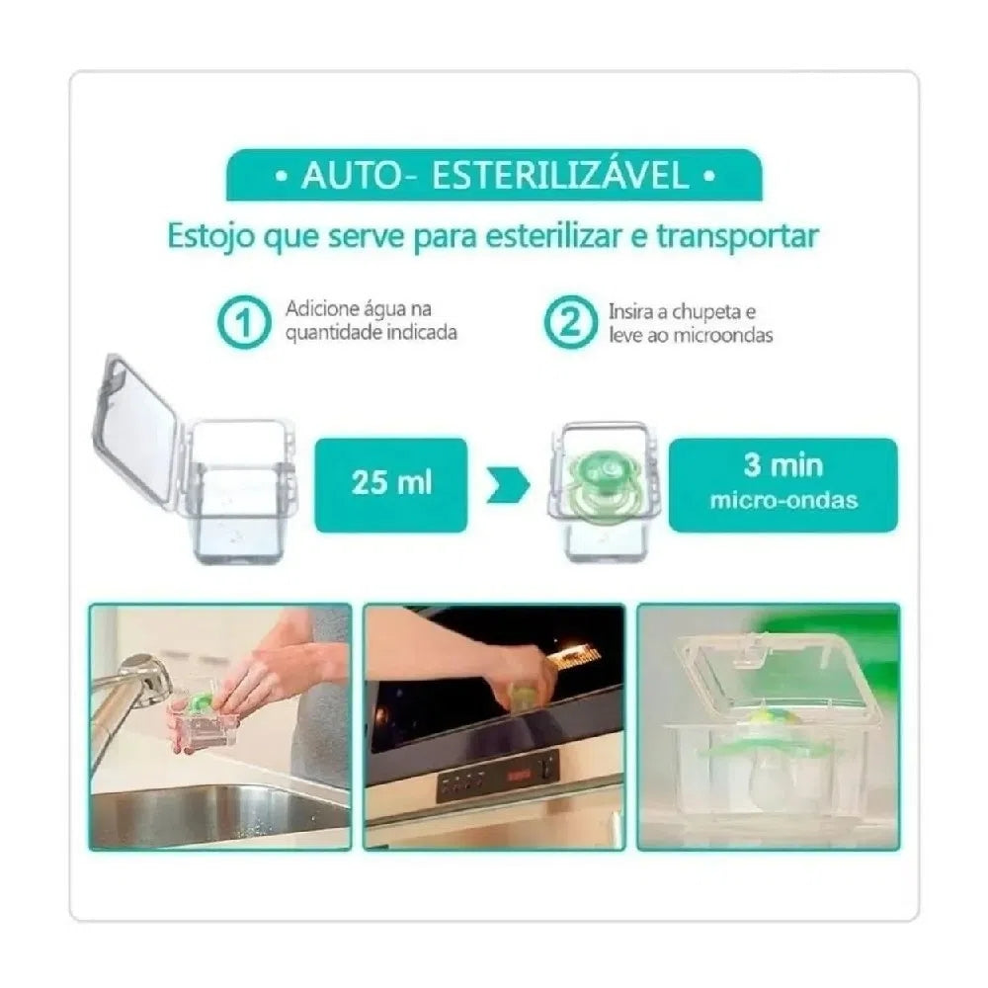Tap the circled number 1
[241, 321]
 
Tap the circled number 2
[565, 321]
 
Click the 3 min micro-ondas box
[782, 483]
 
